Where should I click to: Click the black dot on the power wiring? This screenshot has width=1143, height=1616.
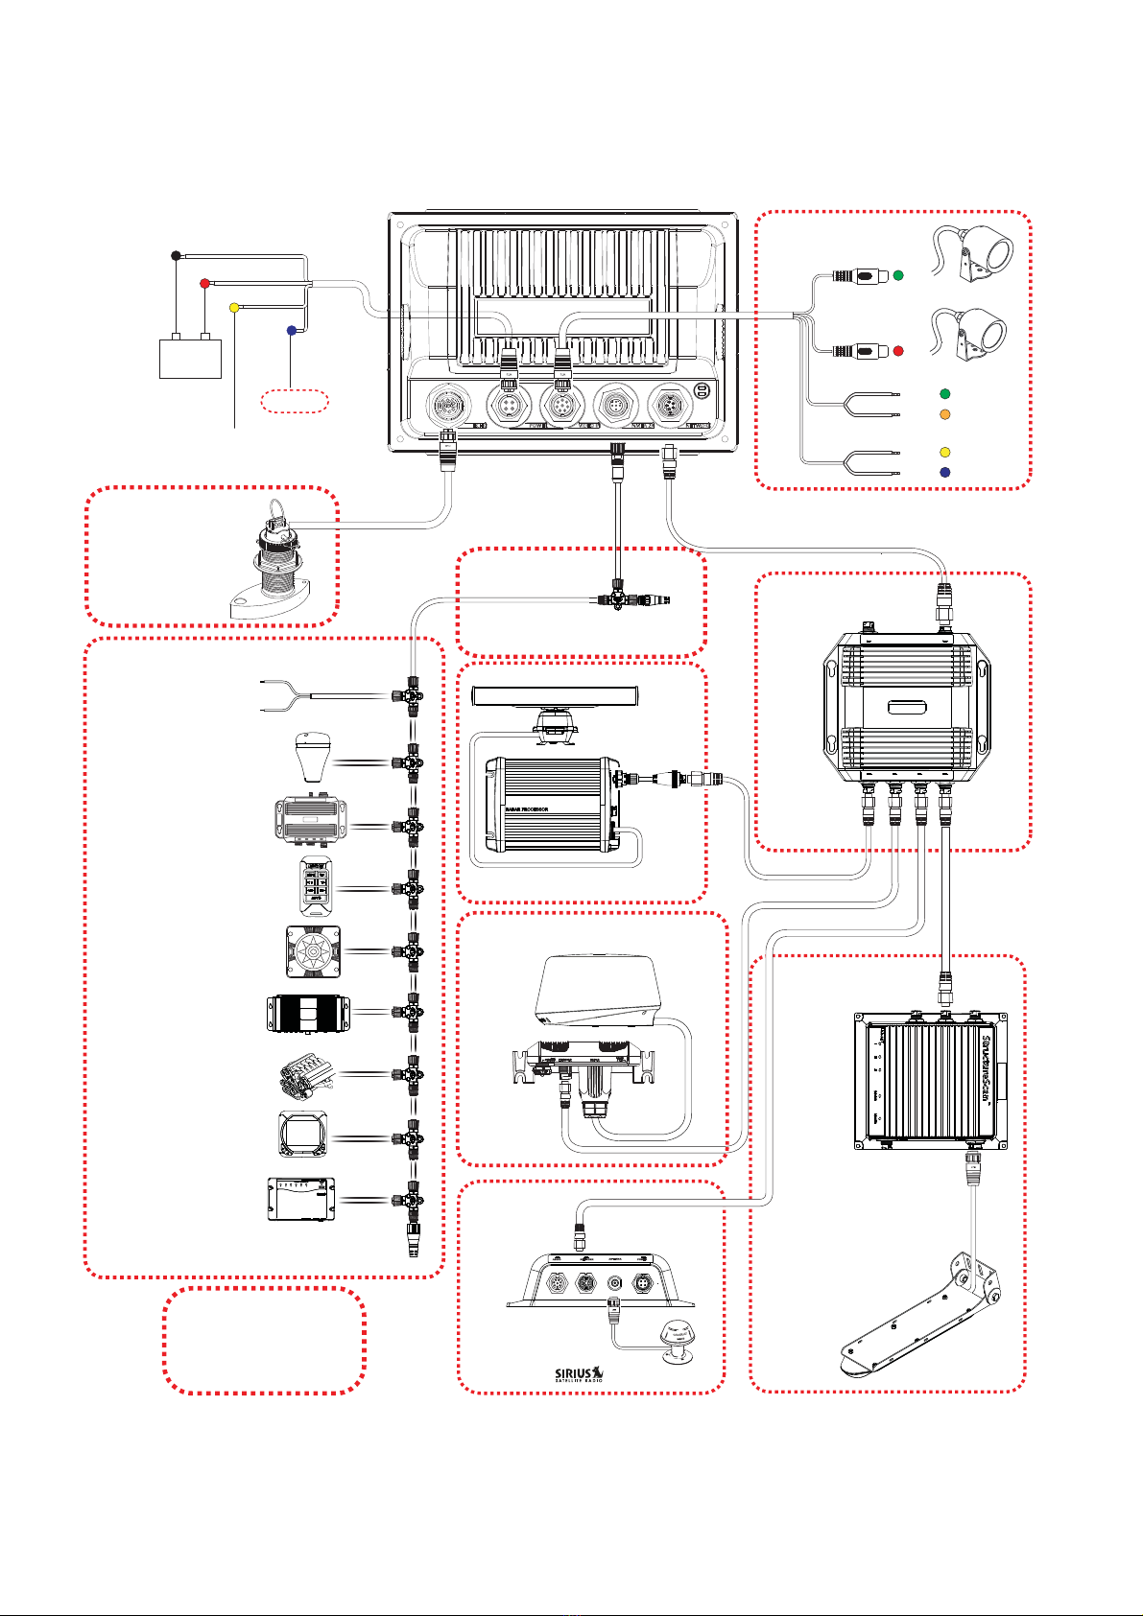point(175,255)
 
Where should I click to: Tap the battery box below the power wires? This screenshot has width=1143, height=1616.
point(190,356)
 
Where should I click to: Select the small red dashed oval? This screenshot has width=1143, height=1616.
point(294,401)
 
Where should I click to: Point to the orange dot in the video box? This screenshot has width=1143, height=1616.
point(944,414)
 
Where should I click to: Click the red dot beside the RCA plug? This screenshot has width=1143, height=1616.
point(898,352)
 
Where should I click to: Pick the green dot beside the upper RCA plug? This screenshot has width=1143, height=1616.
point(898,276)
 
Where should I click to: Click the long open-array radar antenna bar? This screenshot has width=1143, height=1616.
point(558,696)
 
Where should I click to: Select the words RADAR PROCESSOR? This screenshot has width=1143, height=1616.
point(522,809)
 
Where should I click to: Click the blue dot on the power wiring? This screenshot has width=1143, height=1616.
point(292,330)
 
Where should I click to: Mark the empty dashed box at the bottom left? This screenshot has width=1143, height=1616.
point(264,1341)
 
